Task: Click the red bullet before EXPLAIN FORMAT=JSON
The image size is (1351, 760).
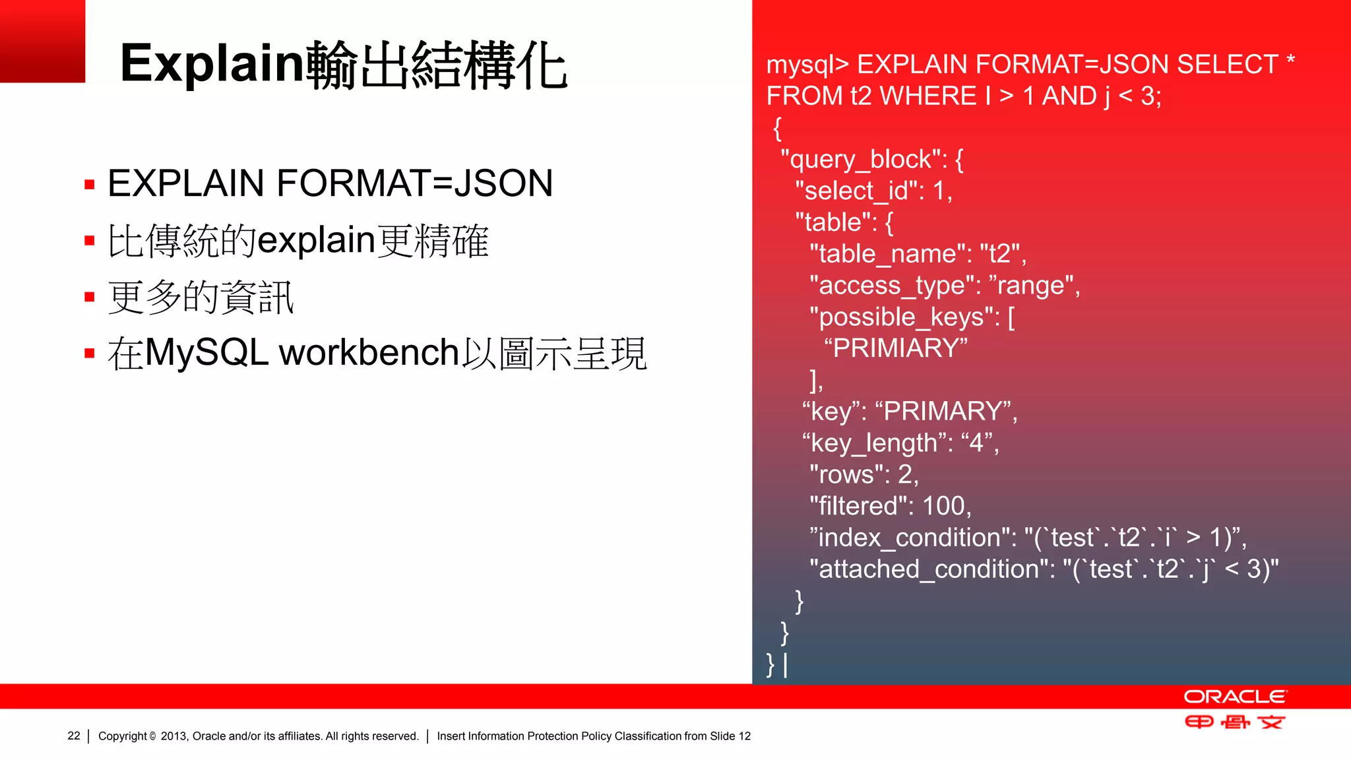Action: pos(90,184)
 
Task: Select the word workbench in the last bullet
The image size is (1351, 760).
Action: pos(369,352)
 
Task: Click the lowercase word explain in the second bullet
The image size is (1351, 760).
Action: pos(316,239)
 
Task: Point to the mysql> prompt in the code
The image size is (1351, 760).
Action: pos(807,65)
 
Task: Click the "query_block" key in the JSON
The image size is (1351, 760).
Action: pos(864,160)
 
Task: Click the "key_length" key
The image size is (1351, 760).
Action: pos(874,443)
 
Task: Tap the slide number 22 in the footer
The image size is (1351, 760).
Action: pos(74,736)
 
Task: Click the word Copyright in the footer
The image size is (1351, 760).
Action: pos(123,736)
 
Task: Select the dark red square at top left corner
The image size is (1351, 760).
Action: pos(42,41)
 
